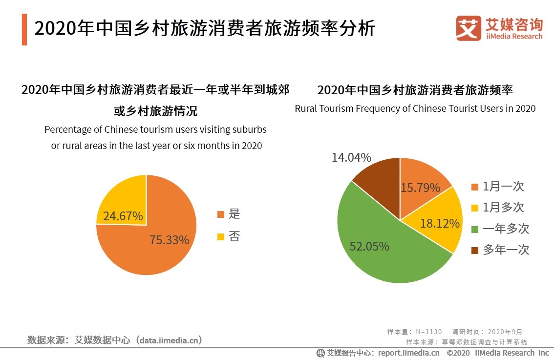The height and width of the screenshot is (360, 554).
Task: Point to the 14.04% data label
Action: (351, 158)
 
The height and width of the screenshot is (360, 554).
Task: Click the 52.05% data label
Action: (369, 247)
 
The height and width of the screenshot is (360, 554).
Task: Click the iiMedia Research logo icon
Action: (469, 28)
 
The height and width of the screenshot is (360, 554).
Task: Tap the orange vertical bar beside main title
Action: (24, 29)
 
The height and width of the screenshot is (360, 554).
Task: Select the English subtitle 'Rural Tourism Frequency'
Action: (415, 108)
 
